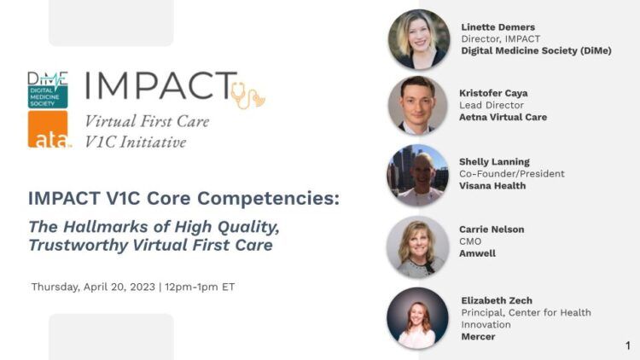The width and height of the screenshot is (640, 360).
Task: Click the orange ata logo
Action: [x=48, y=129]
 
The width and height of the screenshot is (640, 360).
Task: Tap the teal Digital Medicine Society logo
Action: [x=48, y=90]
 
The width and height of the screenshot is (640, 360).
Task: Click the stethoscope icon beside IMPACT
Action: [x=247, y=96]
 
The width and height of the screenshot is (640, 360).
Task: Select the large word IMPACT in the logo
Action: [x=161, y=85]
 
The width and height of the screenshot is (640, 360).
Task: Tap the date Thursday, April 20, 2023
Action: [x=93, y=287]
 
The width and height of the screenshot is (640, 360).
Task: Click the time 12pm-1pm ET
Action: [x=200, y=287]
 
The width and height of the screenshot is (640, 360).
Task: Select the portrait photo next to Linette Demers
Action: [x=419, y=39]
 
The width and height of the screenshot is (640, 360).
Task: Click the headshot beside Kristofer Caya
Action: [x=418, y=105]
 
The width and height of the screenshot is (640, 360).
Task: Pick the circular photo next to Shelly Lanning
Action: [x=417, y=175]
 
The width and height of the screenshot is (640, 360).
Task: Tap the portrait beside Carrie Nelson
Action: [x=417, y=247]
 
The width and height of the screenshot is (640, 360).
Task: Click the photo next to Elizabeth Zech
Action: [x=417, y=318]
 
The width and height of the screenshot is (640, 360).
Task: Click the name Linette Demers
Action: [x=498, y=27]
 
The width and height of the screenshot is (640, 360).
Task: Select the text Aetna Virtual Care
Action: [x=503, y=117]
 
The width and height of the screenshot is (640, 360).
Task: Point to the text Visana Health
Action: [x=492, y=186]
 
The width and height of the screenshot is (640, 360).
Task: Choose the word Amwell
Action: [x=477, y=253]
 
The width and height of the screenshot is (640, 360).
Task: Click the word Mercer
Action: [x=478, y=337]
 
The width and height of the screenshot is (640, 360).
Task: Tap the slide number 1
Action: [x=628, y=345]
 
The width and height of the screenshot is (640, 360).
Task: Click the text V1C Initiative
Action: [x=136, y=142]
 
